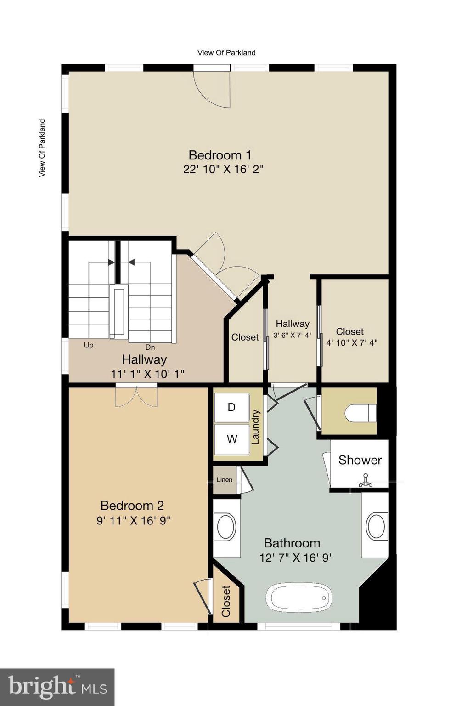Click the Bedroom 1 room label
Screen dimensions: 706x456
click(220, 155)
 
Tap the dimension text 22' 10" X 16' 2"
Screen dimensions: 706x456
click(223, 169)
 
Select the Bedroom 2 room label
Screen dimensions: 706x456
click(132, 506)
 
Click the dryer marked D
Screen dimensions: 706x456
click(232, 407)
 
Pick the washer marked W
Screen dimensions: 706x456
click(232, 439)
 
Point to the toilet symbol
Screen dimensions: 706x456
click(360, 413)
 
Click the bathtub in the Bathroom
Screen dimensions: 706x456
click(298, 598)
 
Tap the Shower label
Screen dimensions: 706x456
click(360, 460)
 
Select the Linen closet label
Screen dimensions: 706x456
click(224, 480)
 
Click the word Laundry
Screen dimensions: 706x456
click(256, 427)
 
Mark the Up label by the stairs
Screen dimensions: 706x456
click(88, 345)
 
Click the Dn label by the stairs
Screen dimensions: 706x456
click(150, 347)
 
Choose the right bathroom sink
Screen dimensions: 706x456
click(376, 526)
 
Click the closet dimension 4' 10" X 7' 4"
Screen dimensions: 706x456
click(351, 342)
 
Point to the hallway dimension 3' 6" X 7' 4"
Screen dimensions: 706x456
click(292, 336)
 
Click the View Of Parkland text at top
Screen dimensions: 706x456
click(226, 52)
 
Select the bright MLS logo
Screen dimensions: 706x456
click(57, 687)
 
